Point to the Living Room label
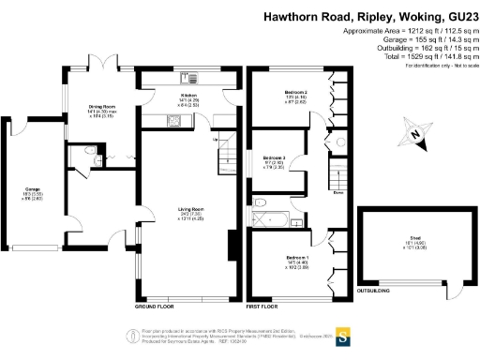point(191,211)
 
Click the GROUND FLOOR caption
point(154,307)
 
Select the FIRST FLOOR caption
point(265,307)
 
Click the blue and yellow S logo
point(343,332)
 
